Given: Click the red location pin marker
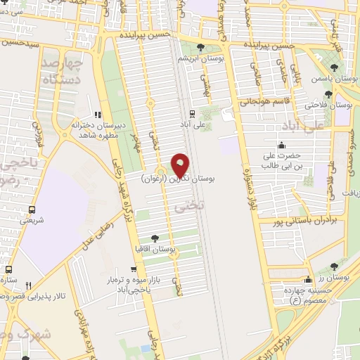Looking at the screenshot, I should pos(181,166).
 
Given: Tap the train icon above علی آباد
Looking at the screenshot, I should pos(191,112).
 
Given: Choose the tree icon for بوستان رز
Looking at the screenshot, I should pos(333,266).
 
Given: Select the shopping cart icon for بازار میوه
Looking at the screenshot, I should pos(131,269).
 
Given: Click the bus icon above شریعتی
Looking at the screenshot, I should pos(32,209).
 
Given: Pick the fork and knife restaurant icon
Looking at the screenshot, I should pos(28,285).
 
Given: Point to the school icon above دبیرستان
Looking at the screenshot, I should pos(98,113).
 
